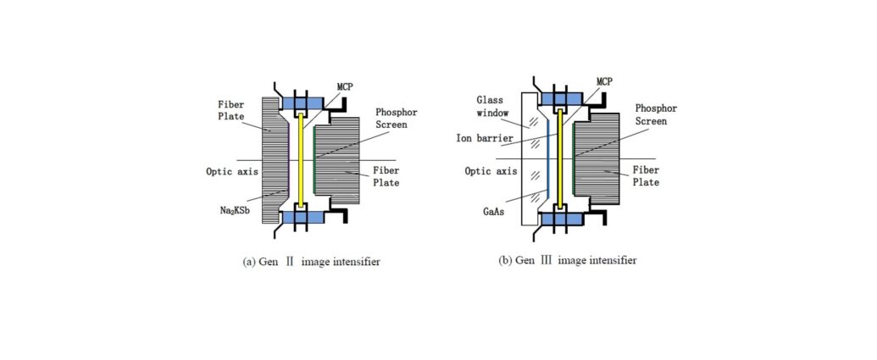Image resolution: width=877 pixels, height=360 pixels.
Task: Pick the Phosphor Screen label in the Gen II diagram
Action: pos(397,118)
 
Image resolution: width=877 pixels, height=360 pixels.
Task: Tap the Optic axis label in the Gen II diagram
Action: pos(232,171)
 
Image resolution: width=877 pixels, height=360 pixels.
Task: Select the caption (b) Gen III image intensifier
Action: pos(567,261)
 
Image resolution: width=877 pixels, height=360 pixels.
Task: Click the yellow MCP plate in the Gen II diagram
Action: pos(302,160)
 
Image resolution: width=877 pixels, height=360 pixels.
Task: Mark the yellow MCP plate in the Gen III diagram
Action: pos(559,160)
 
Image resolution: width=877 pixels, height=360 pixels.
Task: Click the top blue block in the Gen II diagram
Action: pos(302,102)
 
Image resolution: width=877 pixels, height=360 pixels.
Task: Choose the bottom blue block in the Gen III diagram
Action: pos(560,219)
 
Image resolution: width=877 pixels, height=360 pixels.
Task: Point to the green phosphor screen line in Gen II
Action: pos(314,160)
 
